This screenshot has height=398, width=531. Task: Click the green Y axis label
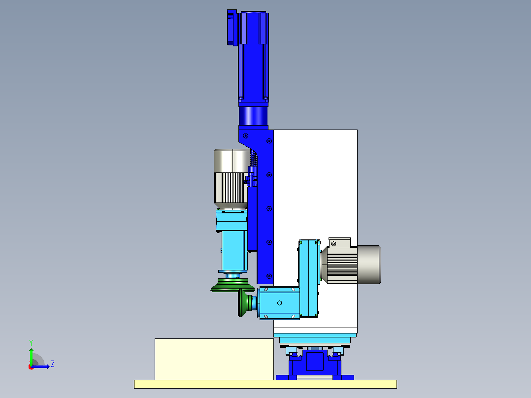[x=31, y=342]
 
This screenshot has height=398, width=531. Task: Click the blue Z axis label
[x=53, y=364]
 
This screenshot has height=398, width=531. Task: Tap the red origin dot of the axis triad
[x=31, y=367]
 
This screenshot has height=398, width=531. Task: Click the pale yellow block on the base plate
[x=214, y=359]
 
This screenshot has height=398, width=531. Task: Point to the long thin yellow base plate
[x=265, y=384]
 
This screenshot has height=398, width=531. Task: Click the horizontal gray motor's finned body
[x=342, y=264]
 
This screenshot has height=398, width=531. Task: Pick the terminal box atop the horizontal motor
[x=339, y=243]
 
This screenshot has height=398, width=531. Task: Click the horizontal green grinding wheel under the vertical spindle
[x=232, y=285]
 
